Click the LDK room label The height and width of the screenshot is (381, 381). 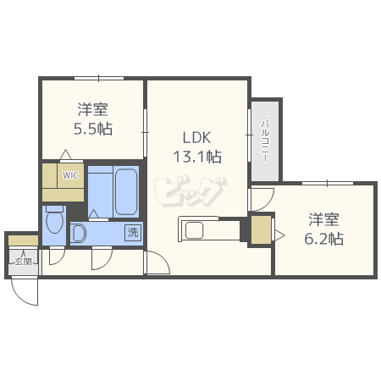(x=196, y=138)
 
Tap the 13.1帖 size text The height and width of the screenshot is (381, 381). (x=197, y=157)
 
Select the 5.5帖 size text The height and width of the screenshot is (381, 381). (x=93, y=129)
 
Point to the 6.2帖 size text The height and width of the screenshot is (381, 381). (x=323, y=239)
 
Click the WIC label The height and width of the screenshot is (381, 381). (x=70, y=175)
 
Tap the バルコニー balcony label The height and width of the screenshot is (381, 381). (x=265, y=141)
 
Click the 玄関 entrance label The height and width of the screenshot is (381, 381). (x=23, y=262)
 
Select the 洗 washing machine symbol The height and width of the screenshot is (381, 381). (x=133, y=233)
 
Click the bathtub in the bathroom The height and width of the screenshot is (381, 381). (x=126, y=192)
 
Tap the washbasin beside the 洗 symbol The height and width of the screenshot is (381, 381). (x=78, y=233)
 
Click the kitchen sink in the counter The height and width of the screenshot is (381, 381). (x=194, y=230)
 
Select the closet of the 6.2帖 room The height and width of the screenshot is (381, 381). (x=261, y=229)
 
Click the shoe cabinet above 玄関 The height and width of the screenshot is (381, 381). (x=23, y=240)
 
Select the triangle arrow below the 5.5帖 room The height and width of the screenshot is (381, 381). (x=66, y=154)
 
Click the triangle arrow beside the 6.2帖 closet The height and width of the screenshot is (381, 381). (x=279, y=235)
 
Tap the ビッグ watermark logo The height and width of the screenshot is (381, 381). (x=190, y=191)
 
